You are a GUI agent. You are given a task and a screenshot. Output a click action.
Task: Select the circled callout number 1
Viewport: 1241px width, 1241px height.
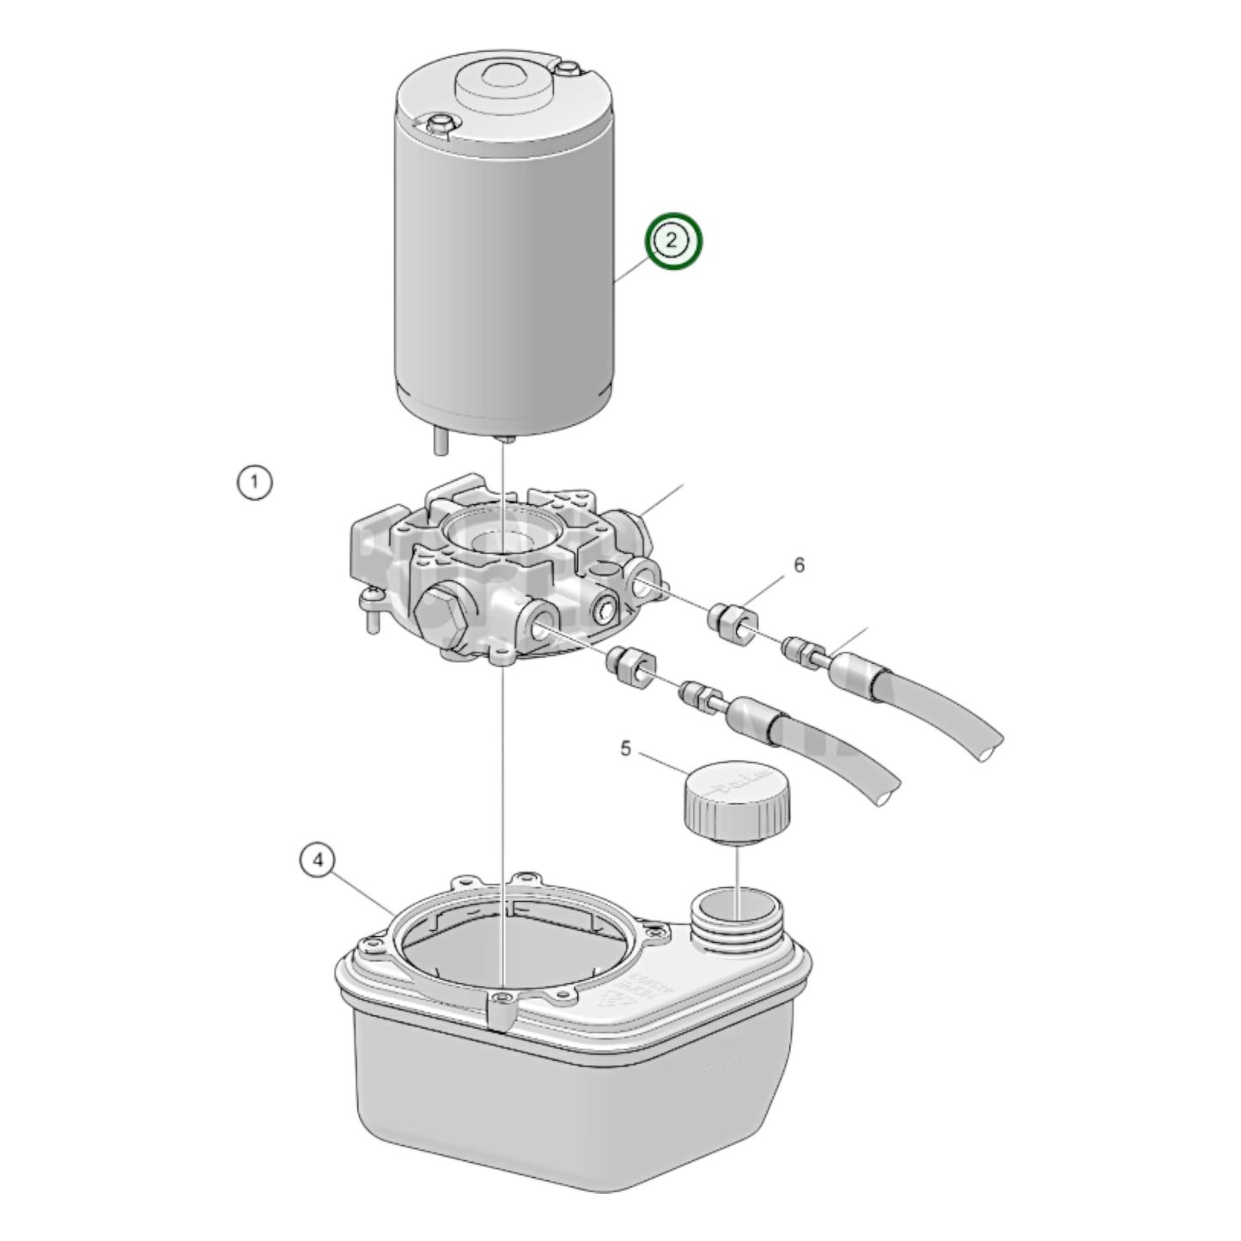[254, 483]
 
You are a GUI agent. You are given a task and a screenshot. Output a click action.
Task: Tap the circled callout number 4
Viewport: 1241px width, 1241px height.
[318, 860]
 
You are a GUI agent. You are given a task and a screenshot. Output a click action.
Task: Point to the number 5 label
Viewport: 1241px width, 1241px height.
[625, 749]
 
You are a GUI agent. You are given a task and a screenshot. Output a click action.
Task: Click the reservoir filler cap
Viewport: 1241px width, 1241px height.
[737, 800]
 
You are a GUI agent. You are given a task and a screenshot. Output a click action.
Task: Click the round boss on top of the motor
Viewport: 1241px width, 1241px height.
[502, 82]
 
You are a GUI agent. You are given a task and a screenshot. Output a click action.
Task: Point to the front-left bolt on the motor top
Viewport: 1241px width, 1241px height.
[438, 123]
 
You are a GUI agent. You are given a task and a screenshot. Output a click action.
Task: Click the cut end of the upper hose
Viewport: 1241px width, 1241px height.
[991, 745]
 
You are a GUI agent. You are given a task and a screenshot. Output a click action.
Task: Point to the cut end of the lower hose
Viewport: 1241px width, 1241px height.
[887, 794]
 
